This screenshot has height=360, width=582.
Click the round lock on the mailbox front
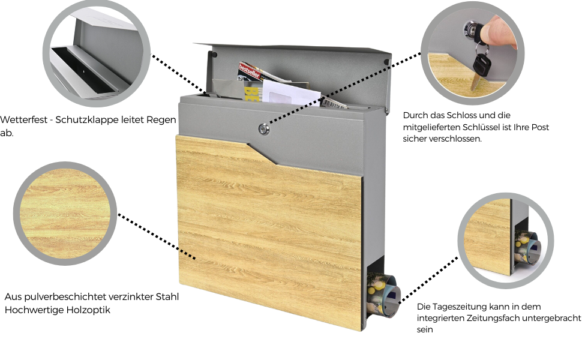coord(263,128)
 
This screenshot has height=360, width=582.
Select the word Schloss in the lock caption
coord(464,115)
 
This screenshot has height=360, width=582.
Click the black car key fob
coord(481,62)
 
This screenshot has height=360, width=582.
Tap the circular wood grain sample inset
coord(64,212)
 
